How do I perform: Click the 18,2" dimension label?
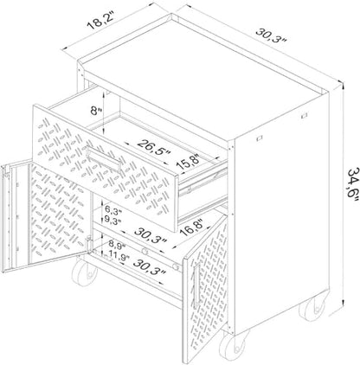click(x=100, y=21)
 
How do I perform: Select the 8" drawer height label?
click(x=95, y=111)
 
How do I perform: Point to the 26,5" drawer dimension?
click(x=154, y=148)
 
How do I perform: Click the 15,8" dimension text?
click(x=189, y=162)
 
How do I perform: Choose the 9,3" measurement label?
click(x=113, y=221)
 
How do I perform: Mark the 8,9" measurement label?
click(x=117, y=246)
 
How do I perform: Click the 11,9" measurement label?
click(x=119, y=257)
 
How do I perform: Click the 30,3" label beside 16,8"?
click(x=151, y=235)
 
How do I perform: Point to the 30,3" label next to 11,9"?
click(x=150, y=267)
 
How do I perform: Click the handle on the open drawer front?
click(x=104, y=158)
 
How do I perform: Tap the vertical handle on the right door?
click(x=197, y=285)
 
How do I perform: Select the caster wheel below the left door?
click(x=84, y=272)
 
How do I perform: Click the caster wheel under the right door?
click(x=234, y=345)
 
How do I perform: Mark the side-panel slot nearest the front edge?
click(x=260, y=138)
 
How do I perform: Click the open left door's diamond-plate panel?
click(x=59, y=214)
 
